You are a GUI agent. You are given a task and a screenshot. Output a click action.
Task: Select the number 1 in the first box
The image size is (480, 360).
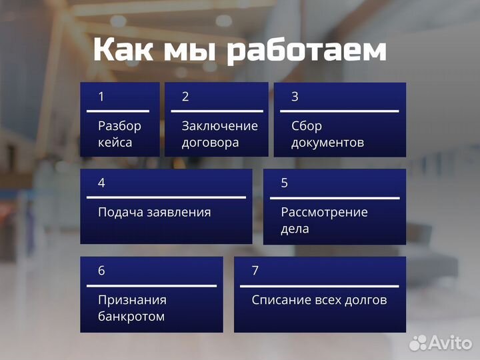click(101, 97)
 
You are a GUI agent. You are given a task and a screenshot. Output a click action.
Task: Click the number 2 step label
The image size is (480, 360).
click(185, 97)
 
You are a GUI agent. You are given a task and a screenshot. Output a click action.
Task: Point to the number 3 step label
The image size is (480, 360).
click(295, 97)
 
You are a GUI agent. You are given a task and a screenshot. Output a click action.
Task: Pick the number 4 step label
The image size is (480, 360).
click(101, 183)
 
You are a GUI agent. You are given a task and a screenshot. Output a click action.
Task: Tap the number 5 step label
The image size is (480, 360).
click(285, 183)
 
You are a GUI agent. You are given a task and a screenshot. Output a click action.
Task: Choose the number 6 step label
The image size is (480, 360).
click(101, 271)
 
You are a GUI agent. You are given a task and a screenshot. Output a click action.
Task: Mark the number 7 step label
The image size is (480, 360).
click(255, 271)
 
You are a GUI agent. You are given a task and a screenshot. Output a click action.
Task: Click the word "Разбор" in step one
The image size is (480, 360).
click(120, 126)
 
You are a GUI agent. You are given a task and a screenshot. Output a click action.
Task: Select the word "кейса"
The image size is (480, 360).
click(115, 143)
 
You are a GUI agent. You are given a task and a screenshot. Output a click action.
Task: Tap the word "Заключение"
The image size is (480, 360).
click(219, 126)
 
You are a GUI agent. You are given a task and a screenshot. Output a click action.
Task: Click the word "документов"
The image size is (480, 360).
click(328, 143)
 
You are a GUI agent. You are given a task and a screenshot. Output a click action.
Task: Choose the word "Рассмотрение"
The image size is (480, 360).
click(324, 213)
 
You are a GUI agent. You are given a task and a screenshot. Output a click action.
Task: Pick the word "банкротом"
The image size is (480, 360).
click(131, 317)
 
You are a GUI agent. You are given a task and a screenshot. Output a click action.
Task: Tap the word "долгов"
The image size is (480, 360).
click(365, 300)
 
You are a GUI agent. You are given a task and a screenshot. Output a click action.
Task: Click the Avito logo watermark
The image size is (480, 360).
click(441, 343)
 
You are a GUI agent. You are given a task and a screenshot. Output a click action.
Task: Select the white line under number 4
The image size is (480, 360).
click(166, 197)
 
